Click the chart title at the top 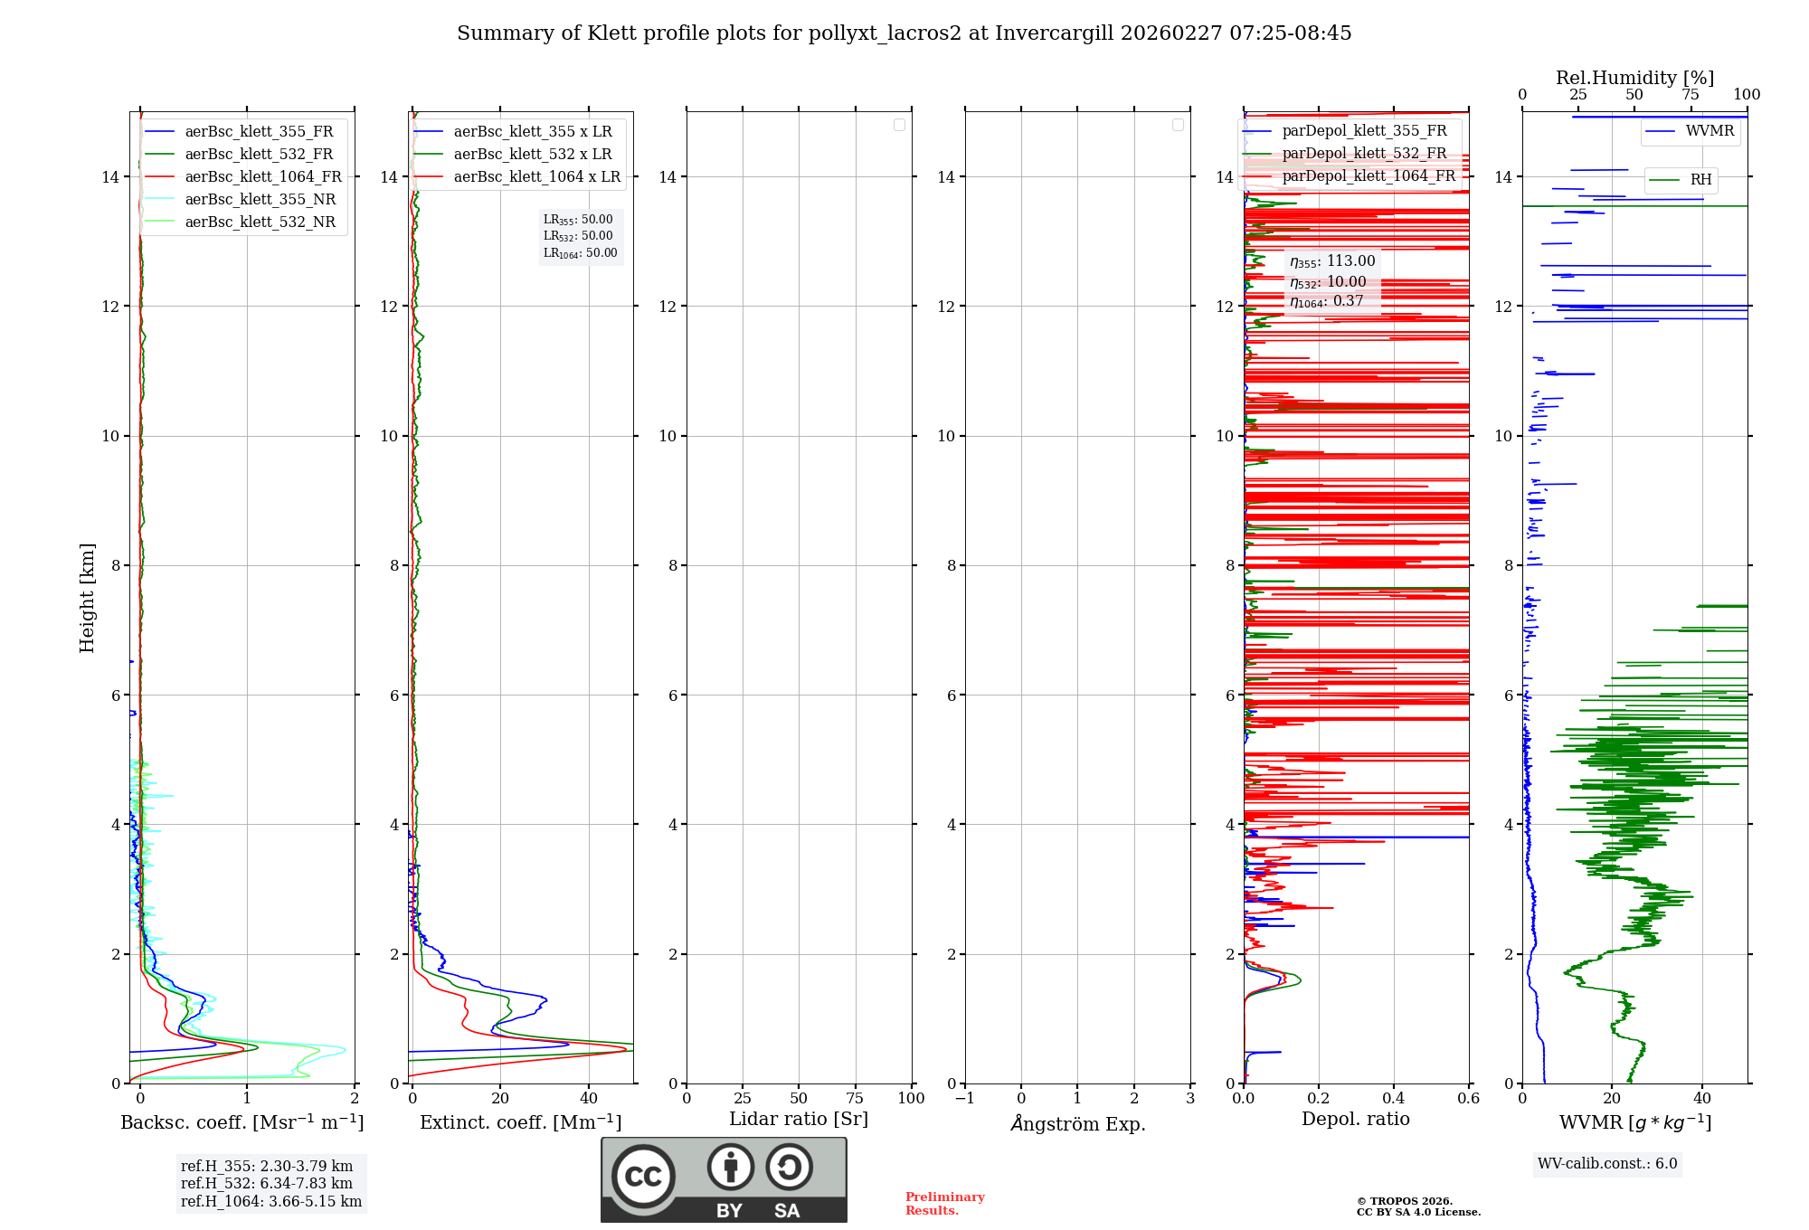point(904,33)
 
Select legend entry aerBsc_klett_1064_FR point(262,176)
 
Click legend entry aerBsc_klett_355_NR point(260,199)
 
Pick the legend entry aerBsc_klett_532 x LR point(532,154)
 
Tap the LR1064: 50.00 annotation point(580,253)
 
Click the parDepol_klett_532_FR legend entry point(1363,153)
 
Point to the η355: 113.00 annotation point(1331,261)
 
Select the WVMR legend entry point(1709,131)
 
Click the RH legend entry point(1700,180)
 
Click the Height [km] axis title point(87,598)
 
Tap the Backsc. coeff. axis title point(242,1122)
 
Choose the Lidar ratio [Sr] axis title point(798,1119)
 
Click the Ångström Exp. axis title point(1077,1123)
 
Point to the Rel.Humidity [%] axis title point(1634,78)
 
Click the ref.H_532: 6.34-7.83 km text point(267,1183)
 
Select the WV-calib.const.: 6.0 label point(1607,1164)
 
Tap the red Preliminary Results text point(944,1204)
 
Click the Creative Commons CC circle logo point(643,1176)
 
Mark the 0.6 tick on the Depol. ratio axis point(1468,1099)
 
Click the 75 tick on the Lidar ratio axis point(855,1099)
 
